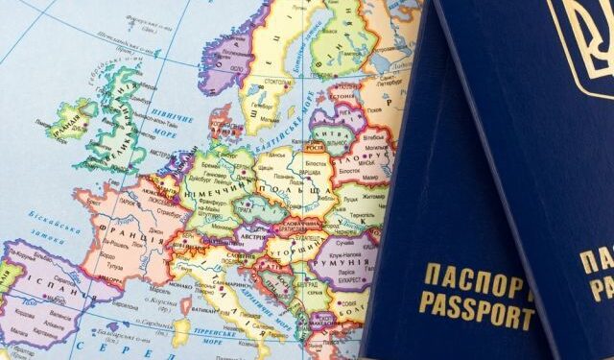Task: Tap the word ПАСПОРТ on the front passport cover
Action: pos(476,283)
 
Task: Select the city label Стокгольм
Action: pos(271,84)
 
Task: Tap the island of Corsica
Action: pos(180,307)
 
